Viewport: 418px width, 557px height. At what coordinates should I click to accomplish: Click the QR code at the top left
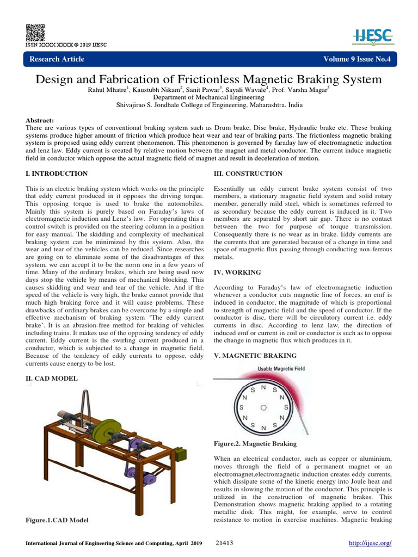35,32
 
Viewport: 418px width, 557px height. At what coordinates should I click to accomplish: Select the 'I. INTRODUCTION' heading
57,174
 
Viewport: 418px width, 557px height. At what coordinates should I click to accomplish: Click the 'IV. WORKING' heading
237,272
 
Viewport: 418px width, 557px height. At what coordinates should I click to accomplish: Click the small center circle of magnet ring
263,407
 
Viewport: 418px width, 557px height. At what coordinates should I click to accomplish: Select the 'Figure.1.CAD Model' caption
57,520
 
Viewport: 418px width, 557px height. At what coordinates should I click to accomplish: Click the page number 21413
224,543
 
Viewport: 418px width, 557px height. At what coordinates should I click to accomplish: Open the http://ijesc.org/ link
370,543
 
